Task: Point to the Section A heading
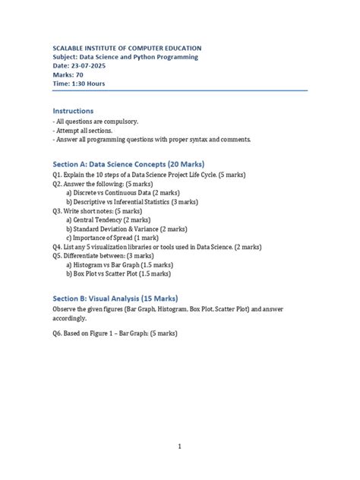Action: click(128, 163)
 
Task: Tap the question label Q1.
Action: click(59, 174)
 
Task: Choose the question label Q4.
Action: click(59, 247)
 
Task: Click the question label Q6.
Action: click(59, 334)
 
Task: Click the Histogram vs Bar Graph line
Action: click(119, 265)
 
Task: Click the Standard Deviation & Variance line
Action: click(126, 229)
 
